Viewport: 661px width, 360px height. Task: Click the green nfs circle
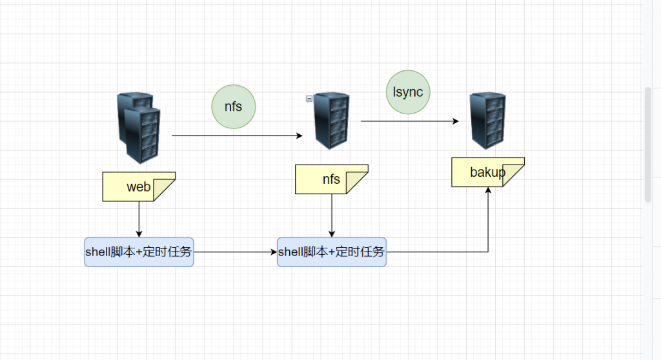tap(234, 106)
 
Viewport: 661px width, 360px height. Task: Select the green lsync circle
tap(408, 92)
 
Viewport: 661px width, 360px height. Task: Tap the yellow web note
tap(139, 186)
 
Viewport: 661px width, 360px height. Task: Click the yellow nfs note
tap(331, 179)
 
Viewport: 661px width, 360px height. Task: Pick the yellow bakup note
tap(487, 172)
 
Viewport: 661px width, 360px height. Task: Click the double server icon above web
tap(138, 128)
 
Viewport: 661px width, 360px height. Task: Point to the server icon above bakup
tap(488, 120)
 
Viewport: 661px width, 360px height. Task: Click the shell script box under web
tap(139, 252)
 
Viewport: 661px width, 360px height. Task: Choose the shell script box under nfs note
tap(331, 252)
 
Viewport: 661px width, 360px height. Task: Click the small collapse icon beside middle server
tap(309, 99)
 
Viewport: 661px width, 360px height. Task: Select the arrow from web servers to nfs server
tap(236, 136)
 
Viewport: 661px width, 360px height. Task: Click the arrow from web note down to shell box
tap(139, 219)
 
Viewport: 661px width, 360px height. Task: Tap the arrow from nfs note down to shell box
tap(332, 215)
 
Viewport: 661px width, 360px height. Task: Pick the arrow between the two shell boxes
tap(235, 252)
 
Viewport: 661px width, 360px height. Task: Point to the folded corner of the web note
tap(166, 191)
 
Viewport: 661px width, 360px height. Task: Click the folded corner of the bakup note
tap(514, 176)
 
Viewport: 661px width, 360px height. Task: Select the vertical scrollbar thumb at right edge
tap(648, 145)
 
